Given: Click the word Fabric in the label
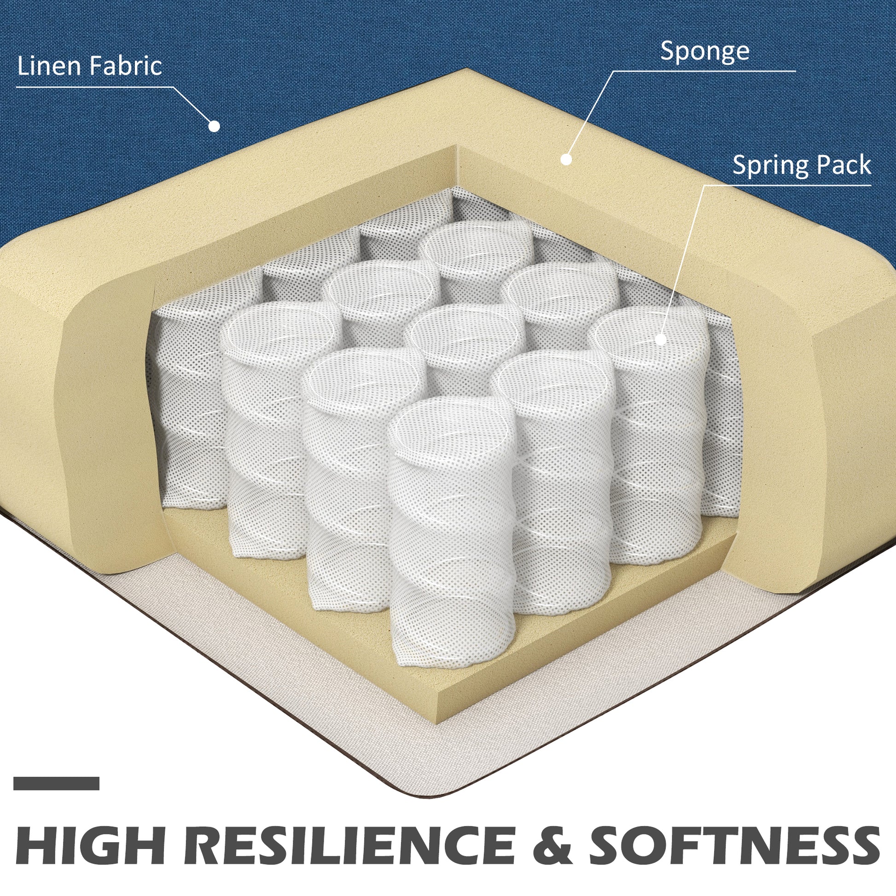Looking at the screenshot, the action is click(125, 66).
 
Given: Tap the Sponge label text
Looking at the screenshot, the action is click(704, 52).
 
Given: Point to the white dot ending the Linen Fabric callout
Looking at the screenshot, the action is click(214, 126).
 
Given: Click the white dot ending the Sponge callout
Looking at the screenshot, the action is click(566, 159).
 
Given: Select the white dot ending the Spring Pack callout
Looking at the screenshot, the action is click(661, 339).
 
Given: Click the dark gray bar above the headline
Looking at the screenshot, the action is click(57, 783).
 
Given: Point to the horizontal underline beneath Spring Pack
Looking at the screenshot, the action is click(787, 186).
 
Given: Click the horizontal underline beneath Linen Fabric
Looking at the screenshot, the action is click(94, 87).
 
